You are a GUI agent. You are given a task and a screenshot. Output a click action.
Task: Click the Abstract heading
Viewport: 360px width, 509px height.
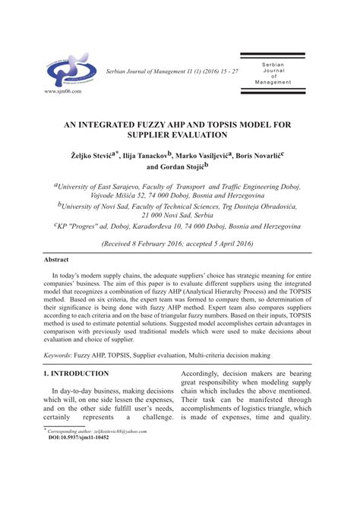click(59, 259)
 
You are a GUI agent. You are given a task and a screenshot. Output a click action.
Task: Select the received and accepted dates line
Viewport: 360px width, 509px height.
click(180, 243)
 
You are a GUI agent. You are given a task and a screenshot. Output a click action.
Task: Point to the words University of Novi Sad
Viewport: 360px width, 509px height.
click(99, 206)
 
